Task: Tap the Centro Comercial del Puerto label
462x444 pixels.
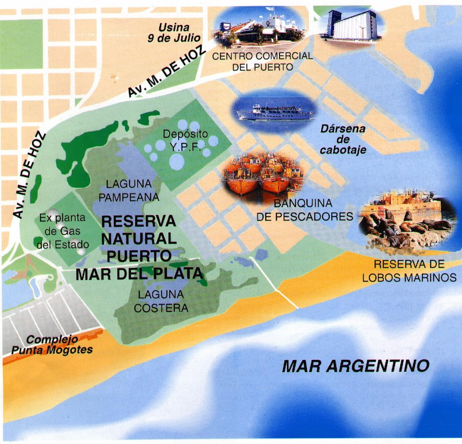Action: (x=262, y=61)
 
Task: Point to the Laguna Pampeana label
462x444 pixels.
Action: (x=129, y=190)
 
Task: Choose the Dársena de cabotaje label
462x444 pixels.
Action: (x=343, y=139)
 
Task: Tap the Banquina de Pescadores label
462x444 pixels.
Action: (x=303, y=210)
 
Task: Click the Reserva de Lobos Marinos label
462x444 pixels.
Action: (x=409, y=271)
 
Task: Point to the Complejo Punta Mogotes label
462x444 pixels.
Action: (x=52, y=345)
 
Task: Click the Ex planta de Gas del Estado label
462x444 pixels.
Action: (x=63, y=231)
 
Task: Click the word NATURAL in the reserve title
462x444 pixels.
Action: (x=139, y=239)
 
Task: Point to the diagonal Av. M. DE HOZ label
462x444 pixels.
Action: (x=166, y=71)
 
